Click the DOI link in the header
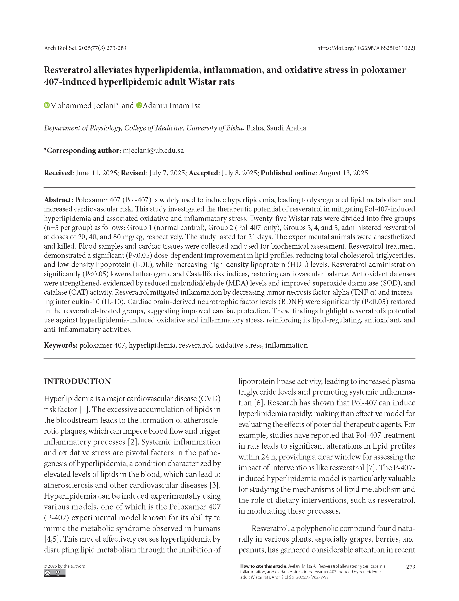(x=366, y=48)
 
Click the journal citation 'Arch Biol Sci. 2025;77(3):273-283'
(x=85, y=48)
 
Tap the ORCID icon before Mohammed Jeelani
(x=47, y=105)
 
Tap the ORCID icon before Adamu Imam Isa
(x=139, y=105)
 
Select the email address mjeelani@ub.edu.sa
(x=153, y=151)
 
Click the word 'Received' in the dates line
(x=58, y=173)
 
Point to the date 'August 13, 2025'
(x=343, y=173)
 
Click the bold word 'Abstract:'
(x=59, y=200)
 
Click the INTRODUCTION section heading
(x=77, y=382)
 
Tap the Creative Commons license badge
(x=55, y=573)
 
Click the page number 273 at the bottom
(x=410, y=567)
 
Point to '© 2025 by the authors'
(x=64, y=566)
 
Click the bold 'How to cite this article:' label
(x=264, y=566)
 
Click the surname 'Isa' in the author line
(x=196, y=106)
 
